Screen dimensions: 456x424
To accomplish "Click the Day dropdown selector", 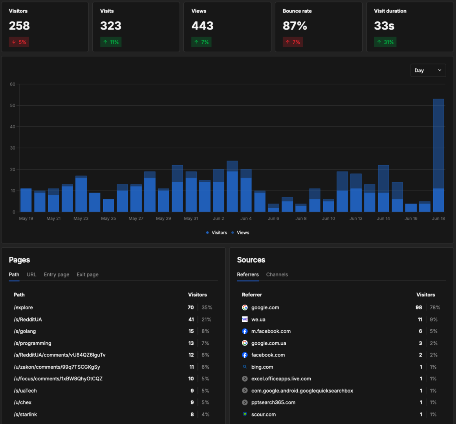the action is [x=428, y=70].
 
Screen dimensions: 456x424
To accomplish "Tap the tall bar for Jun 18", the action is [x=438, y=155].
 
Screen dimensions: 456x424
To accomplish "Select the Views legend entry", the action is [x=240, y=232].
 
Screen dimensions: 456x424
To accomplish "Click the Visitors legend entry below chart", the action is [x=216, y=232].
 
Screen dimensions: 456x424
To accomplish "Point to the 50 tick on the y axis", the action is [x=13, y=106].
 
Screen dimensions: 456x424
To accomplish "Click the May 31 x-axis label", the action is [x=191, y=218].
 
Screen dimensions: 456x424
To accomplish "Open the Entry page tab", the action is [x=57, y=275].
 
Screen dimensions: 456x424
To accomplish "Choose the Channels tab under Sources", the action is [x=277, y=275].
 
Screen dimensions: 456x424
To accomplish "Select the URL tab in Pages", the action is [x=31, y=275].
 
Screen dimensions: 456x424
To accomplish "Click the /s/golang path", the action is [x=25, y=331].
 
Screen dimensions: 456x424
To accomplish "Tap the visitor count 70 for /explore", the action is [x=191, y=307].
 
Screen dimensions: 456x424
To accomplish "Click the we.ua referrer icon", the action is [x=245, y=320].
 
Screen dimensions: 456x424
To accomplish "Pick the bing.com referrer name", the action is [x=262, y=367].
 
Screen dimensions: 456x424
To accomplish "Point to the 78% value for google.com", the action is [x=435, y=307].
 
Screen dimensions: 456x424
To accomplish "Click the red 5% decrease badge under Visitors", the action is [x=19, y=42].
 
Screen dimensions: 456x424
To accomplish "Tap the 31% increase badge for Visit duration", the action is [x=385, y=42].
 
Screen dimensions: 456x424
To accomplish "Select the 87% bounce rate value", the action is [x=295, y=26].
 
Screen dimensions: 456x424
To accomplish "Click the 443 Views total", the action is [x=202, y=26].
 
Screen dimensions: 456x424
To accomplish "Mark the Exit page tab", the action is [x=88, y=275].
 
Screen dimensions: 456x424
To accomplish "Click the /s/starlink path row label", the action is [x=25, y=415].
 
